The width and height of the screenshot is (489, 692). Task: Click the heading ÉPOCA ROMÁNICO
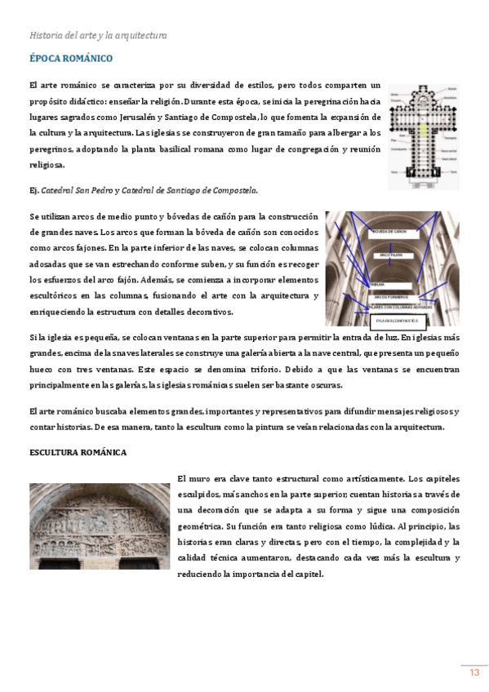tap(70, 59)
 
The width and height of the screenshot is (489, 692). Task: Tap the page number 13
tap(473, 672)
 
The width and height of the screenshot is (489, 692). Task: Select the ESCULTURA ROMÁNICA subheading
tap(78, 452)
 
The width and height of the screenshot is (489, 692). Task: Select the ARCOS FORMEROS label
tap(393, 296)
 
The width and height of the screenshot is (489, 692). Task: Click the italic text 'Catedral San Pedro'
tap(76, 190)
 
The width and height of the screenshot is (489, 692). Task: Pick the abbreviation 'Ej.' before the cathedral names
tap(33, 190)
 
